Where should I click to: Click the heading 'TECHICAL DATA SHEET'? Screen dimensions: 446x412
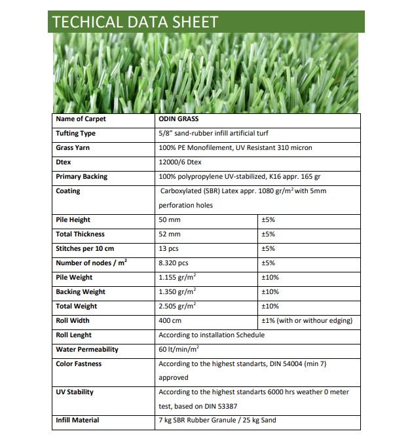click(134, 22)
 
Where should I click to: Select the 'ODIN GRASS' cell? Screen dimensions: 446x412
click(179, 119)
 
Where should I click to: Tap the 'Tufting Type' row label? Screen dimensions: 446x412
click(76, 134)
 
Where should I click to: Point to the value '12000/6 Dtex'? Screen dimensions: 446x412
click(179, 162)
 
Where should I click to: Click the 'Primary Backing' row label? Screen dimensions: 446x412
click(82, 177)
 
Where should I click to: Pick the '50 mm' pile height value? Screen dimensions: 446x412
click(170, 220)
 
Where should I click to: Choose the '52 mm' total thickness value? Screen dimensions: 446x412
click(170, 234)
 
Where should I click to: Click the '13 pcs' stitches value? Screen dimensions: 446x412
click(169, 249)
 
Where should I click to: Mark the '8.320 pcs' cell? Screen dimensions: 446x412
click(174, 263)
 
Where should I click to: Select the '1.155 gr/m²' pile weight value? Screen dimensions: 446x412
click(178, 278)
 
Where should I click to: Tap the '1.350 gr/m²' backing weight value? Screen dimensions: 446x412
click(178, 292)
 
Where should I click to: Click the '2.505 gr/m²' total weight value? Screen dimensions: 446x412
click(178, 307)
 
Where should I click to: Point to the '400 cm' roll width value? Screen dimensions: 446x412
click(170, 321)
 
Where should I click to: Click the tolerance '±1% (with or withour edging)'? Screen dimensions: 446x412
click(307, 321)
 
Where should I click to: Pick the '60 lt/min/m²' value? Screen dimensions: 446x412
click(179, 350)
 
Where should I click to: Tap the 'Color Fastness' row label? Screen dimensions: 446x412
click(79, 364)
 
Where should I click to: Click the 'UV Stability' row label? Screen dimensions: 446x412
click(75, 392)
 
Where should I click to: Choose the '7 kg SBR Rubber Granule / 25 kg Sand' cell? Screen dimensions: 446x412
click(217, 420)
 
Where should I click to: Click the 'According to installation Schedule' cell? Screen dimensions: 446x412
click(212, 335)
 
